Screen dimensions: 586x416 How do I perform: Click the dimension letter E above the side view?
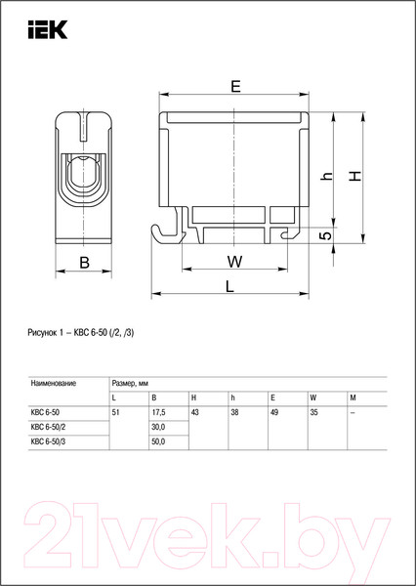[235, 87]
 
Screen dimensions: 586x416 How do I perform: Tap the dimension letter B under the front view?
[85, 261]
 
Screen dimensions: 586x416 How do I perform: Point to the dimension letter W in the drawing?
[235, 261]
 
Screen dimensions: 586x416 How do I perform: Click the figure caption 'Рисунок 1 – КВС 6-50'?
[82, 333]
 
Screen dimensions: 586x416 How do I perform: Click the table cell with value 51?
[117, 412]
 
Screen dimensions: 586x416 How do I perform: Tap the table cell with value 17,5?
[158, 412]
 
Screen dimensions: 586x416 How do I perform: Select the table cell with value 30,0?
[158, 427]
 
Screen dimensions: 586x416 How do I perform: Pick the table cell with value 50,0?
[158, 442]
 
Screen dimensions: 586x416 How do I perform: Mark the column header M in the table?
[352, 398]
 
